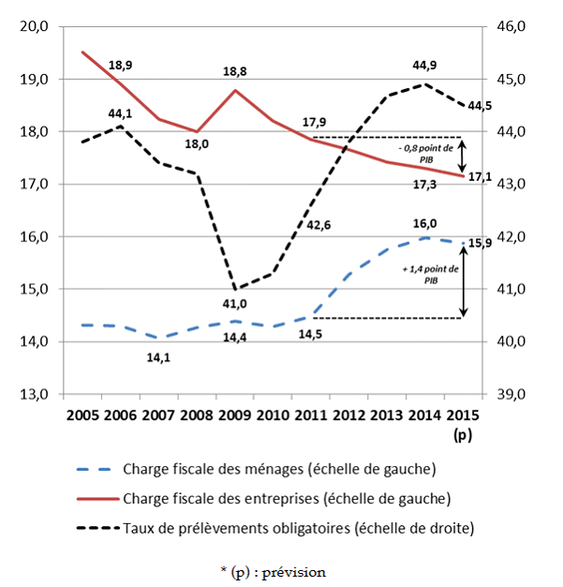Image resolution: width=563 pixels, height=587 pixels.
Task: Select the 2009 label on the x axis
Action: (x=233, y=415)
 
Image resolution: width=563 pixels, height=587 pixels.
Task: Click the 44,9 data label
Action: (x=427, y=66)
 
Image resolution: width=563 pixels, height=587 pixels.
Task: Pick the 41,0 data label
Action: (x=234, y=304)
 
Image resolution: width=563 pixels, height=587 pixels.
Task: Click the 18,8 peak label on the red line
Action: (x=235, y=71)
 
